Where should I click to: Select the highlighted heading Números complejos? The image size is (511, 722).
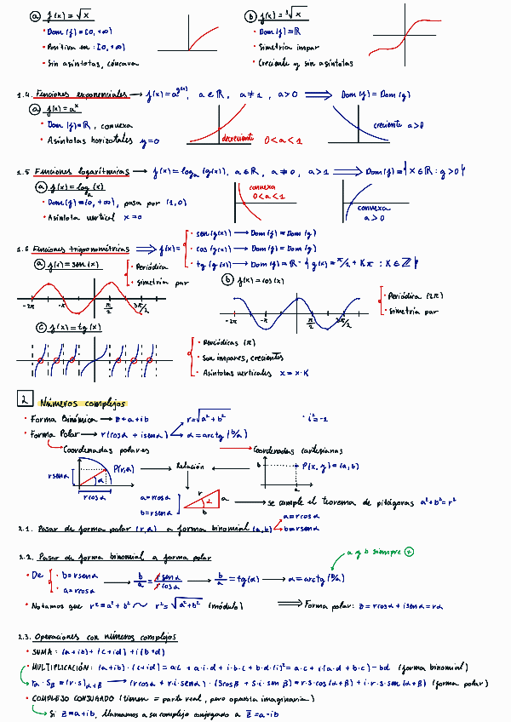click(83, 404)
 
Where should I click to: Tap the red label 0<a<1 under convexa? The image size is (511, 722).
click(270, 197)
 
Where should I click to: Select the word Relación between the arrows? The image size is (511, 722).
click(191, 467)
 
